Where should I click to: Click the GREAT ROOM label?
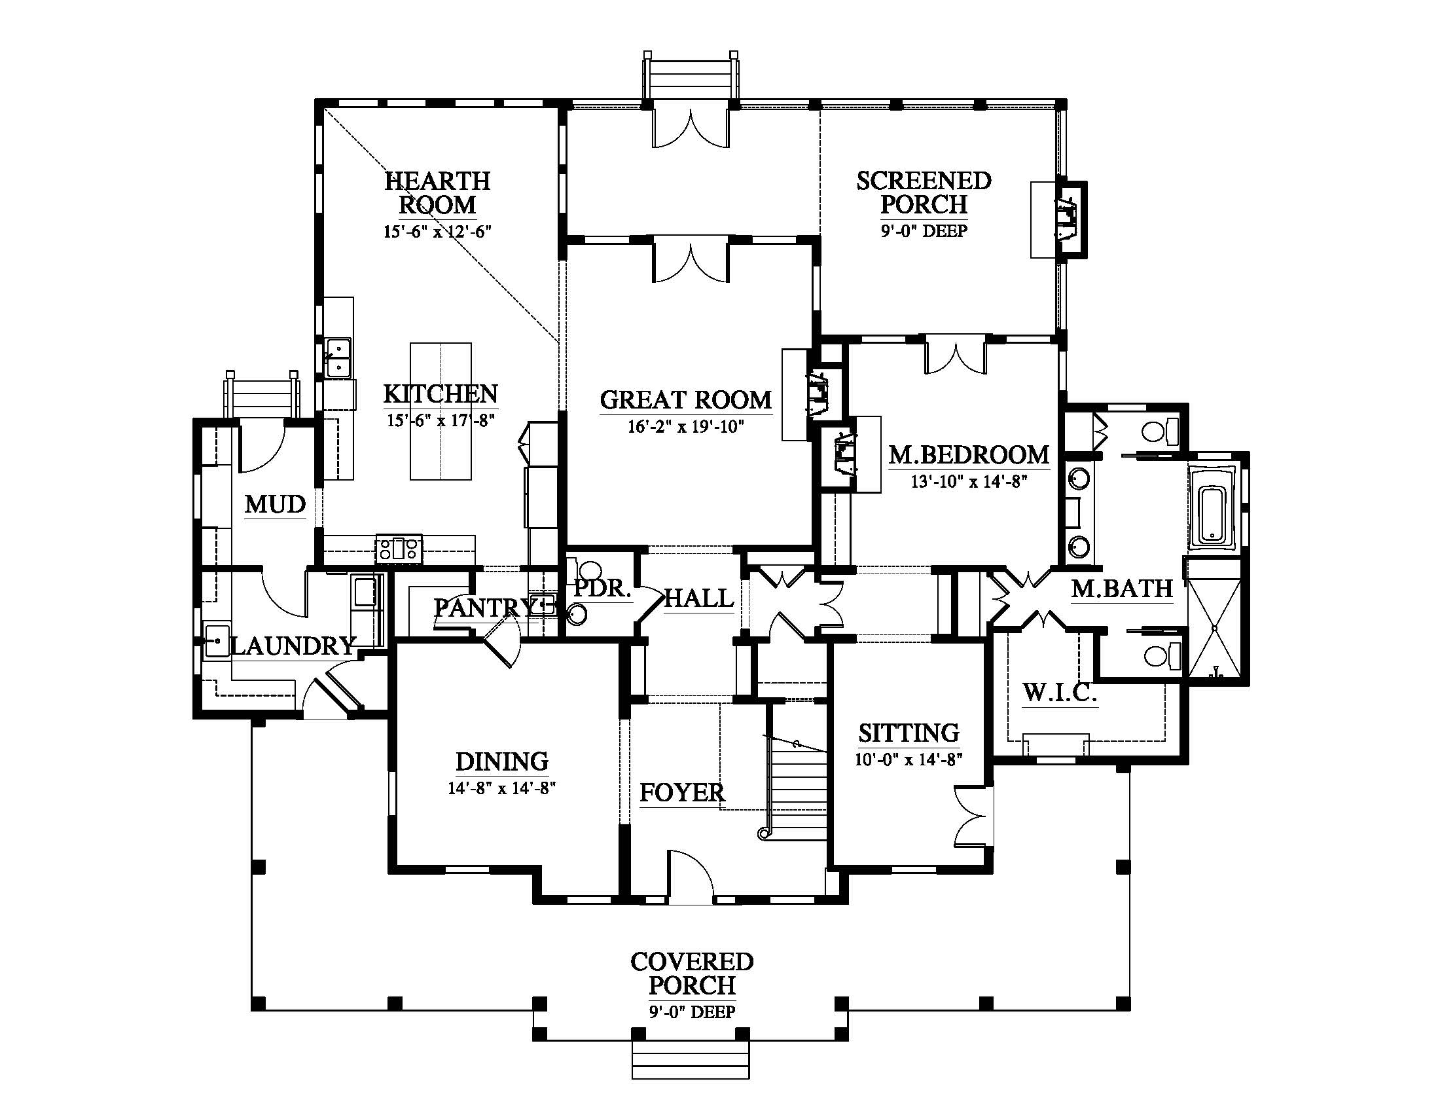685,400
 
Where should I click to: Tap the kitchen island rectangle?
441,411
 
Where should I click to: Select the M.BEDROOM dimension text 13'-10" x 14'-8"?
969,482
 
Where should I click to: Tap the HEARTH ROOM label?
437,192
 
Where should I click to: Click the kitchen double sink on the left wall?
338,357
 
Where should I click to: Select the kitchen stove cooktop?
399,549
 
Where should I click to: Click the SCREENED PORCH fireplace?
1068,219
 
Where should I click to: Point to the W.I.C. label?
1060,693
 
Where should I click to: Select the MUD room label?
276,505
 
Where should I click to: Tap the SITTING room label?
909,733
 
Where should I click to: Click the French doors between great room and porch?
691,263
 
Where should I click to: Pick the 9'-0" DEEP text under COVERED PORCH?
692,1012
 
